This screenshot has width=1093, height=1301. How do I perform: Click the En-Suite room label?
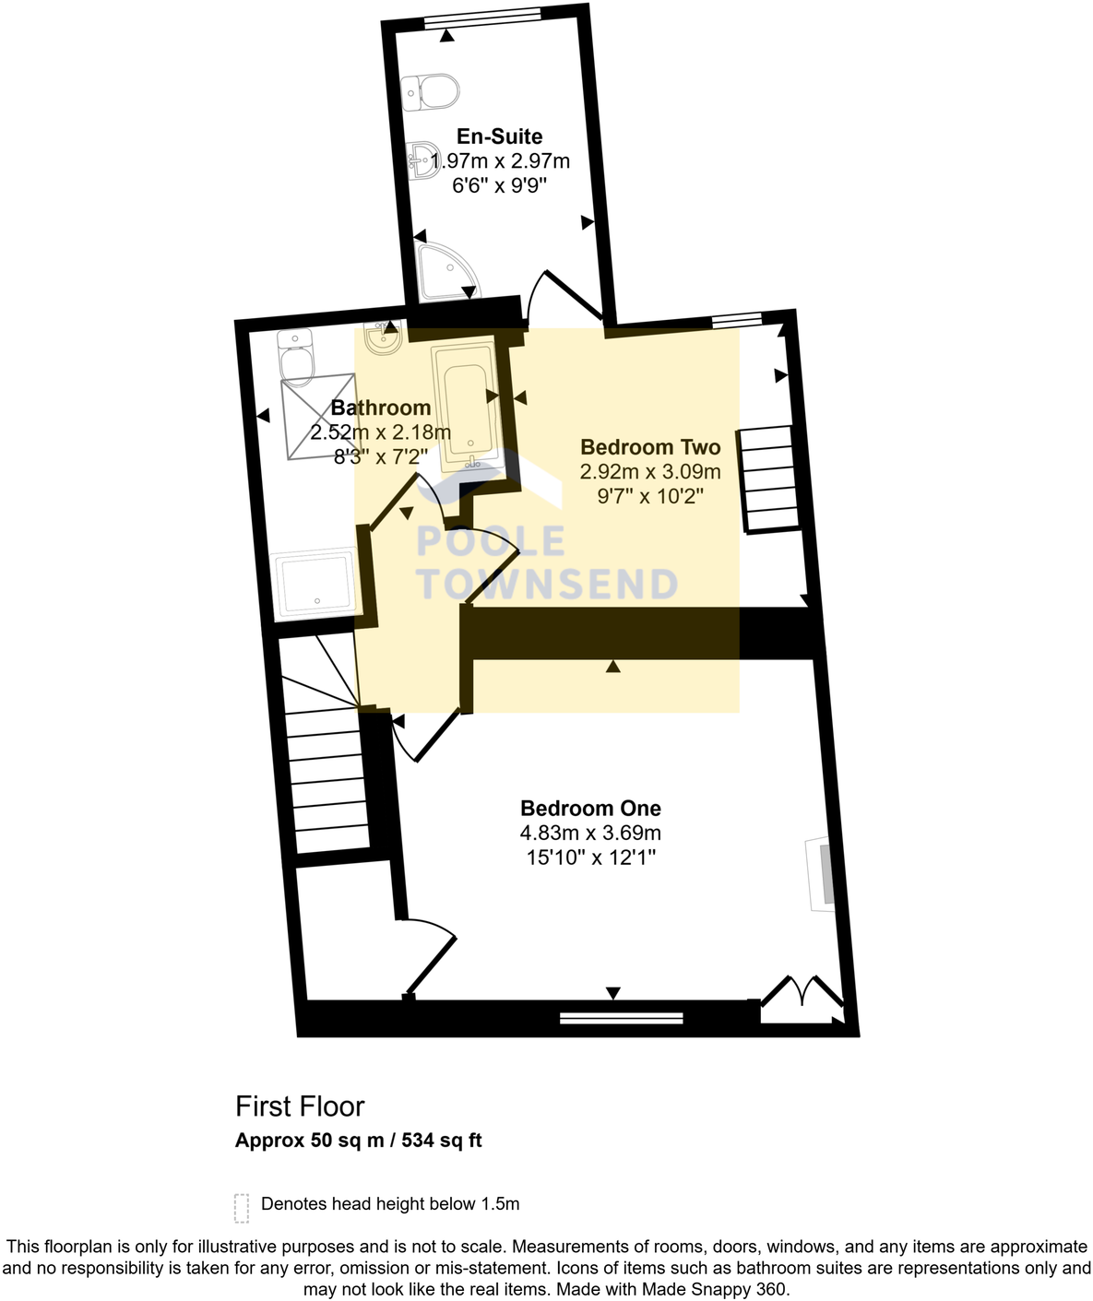[x=499, y=136]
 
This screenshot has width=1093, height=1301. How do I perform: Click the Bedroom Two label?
[x=649, y=447]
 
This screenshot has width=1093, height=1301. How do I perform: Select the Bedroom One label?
[x=590, y=809]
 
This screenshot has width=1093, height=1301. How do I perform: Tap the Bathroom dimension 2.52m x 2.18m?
[x=380, y=432]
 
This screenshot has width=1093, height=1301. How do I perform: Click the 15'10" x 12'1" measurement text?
[x=590, y=858]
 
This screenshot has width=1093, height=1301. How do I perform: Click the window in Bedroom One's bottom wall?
[x=622, y=1018]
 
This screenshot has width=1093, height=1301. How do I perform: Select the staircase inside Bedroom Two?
[x=770, y=479]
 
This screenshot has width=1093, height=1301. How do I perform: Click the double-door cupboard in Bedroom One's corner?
[x=801, y=1001]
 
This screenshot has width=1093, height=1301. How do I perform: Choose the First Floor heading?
[x=300, y=1106]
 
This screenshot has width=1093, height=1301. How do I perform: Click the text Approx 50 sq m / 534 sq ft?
[x=358, y=1141]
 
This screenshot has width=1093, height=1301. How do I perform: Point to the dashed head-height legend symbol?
[x=242, y=1207]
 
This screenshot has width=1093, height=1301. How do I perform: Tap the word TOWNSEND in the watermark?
[x=548, y=585]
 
